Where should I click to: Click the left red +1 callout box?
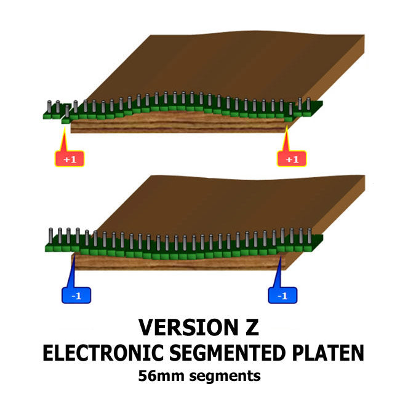(x=69, y=159)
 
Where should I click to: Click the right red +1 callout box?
(x=292, y=159)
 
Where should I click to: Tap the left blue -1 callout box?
(x=76, y=296)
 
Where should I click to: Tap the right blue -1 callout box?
(x=282, y=296)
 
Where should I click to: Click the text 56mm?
(x=159, y=375)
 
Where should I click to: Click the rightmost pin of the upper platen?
(x=308, y=103)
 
